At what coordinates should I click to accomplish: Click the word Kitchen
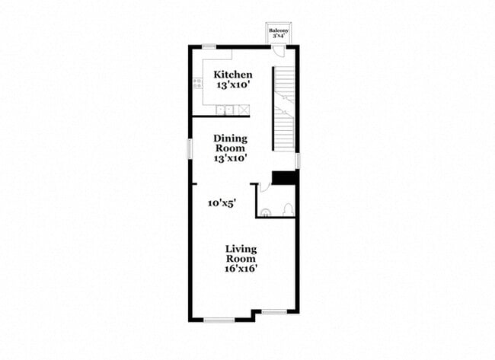pos(232,75)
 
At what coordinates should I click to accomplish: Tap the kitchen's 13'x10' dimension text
pos(232,85)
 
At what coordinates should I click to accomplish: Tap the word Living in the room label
pos(241,249)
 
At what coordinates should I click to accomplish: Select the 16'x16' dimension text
pos(241,268)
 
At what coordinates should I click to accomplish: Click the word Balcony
pos(278,30)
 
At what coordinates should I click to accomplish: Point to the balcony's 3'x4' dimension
pos(278,36)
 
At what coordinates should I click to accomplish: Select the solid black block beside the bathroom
pos(284,177)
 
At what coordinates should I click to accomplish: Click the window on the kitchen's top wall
pos(208,47)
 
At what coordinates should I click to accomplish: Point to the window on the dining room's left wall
pos(190,148)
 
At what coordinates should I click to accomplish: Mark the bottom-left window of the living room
pos(219,320)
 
